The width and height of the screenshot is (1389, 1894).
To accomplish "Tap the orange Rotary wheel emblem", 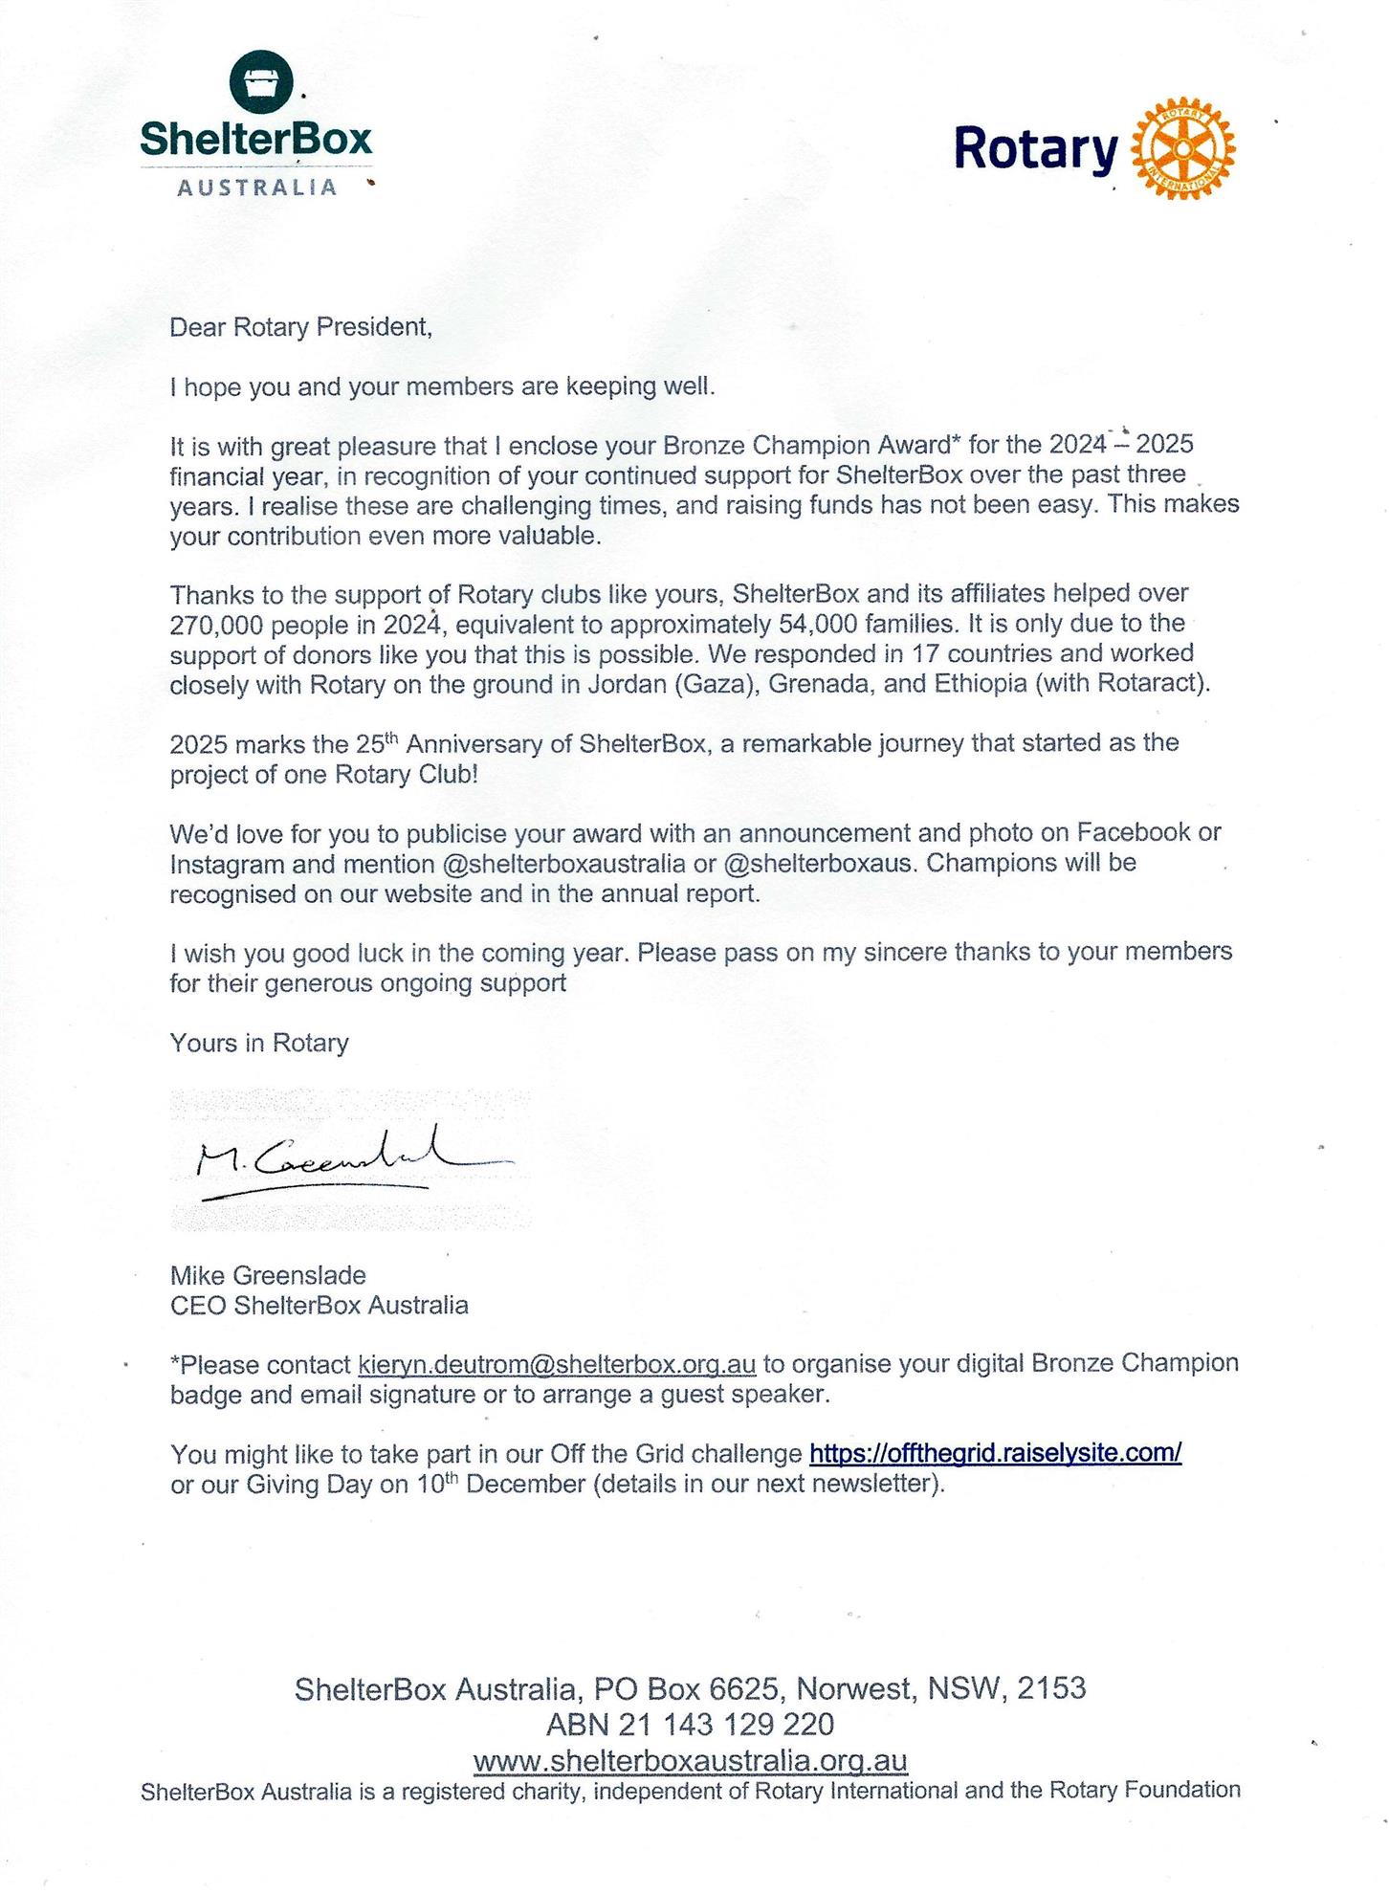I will [x=1183, y=148].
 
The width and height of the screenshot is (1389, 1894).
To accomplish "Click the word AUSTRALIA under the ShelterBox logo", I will [x=257, y=187].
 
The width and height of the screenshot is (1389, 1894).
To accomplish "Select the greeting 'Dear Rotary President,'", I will [x=300, y=327].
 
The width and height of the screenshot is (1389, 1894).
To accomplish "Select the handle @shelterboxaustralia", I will [x=564, y=864].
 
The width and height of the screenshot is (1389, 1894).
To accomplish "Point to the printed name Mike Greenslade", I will [x=268, y=1275].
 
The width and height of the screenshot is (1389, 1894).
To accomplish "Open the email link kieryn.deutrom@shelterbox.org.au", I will [x=557, y=1364].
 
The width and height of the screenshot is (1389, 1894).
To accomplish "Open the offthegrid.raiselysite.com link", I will [x=995, y=1454].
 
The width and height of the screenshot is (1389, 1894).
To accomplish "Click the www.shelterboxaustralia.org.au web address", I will [x=690, y=1761].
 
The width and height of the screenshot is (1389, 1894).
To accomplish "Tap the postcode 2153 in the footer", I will [x=1050, y=1688].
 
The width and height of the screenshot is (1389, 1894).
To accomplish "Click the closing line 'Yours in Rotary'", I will [x=259, y=1043].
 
